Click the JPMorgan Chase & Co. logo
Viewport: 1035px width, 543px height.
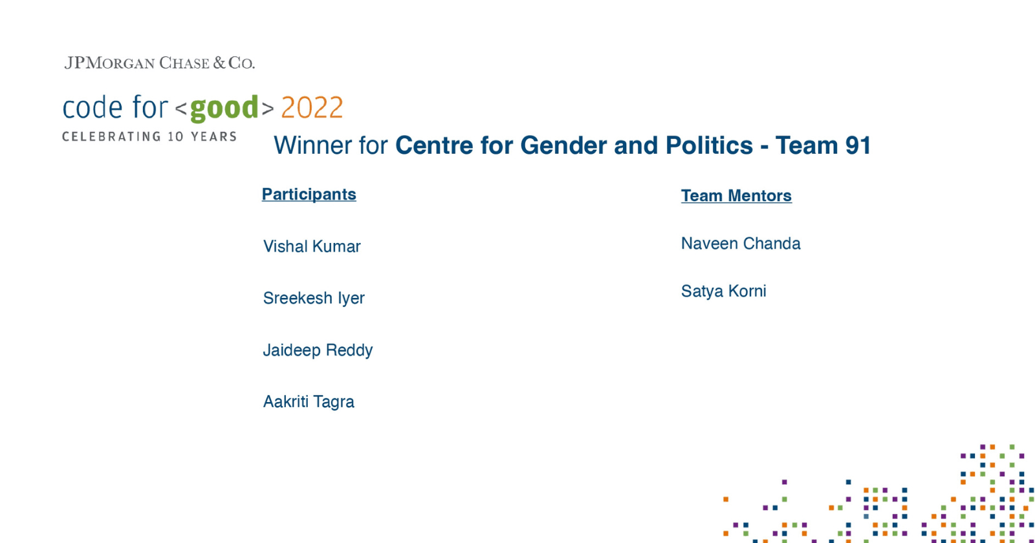pos(159,63)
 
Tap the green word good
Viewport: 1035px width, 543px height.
pos(224,108)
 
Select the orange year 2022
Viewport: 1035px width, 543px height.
pos(312,108)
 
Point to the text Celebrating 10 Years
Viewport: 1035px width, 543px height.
pos(149,136)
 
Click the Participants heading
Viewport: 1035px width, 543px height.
pos(309,195)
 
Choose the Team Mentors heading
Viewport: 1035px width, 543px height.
pos(736,196)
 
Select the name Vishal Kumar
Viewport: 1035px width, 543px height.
pos(312,246)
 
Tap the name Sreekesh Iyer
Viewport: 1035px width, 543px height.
pos(314,298)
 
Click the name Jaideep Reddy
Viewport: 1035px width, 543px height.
pos(318,350)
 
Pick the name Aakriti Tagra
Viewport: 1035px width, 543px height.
pos(309,401)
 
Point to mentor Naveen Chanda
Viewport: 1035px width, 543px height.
pos(741,244)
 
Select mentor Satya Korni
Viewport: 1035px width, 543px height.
pos(723,291)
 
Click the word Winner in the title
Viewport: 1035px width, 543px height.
pos(313,145)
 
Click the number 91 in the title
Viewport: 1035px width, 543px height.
pos(858,145)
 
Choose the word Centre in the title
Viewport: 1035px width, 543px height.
pos(434,145)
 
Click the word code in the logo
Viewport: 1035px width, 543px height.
pos(93,108)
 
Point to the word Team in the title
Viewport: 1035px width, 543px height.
pos(806,145)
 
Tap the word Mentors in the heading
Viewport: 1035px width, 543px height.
pos(759,196)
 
